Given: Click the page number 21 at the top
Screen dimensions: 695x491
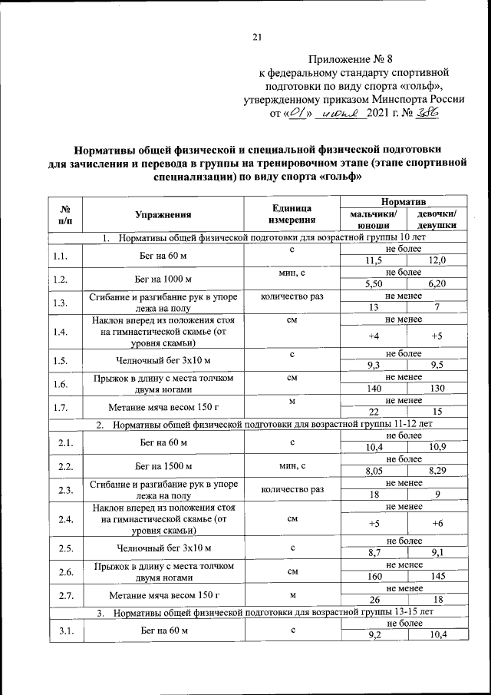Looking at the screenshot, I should click(x=258, y=36).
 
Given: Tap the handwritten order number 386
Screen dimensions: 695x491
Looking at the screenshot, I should click(x=427, y=114).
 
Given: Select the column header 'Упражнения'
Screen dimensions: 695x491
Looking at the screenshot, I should click(x=163, y=215).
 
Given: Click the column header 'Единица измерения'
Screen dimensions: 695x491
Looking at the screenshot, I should click(x=292, y=215).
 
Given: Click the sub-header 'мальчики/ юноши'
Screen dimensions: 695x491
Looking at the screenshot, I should click(x=373, y=220).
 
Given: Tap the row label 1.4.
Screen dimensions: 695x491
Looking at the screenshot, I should click(x=60, y=333).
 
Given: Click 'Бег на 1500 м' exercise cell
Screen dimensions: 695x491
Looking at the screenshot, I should click(x=163, y=465).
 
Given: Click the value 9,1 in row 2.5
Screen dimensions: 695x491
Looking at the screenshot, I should click(x=437, y=551).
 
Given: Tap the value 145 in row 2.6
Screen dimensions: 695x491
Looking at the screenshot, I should click(x=437, y=576).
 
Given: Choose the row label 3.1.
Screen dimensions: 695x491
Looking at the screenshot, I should click(x=60, y=630).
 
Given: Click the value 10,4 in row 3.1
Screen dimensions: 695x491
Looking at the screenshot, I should click(x=437, y=636).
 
